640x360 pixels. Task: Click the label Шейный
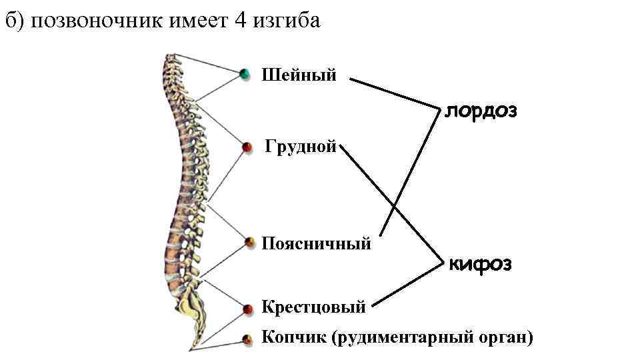(x=299, y=75)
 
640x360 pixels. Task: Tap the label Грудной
(x=300, y=146)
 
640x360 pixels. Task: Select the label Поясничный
(x=316, y=243)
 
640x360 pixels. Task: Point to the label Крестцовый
(x=313, y=307)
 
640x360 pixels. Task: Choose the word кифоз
(x=480, y=265)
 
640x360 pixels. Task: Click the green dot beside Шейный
(x=245, y=73)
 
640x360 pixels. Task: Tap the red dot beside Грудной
(x=247, y=147)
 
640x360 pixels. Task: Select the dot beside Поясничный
(x=250, y=242)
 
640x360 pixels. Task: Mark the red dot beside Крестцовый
(x=247, y=309)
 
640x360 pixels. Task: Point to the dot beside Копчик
(x=247, y=339)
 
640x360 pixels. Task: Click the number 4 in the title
(x=241, y=21)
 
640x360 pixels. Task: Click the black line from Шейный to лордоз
(x=393, y=93)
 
